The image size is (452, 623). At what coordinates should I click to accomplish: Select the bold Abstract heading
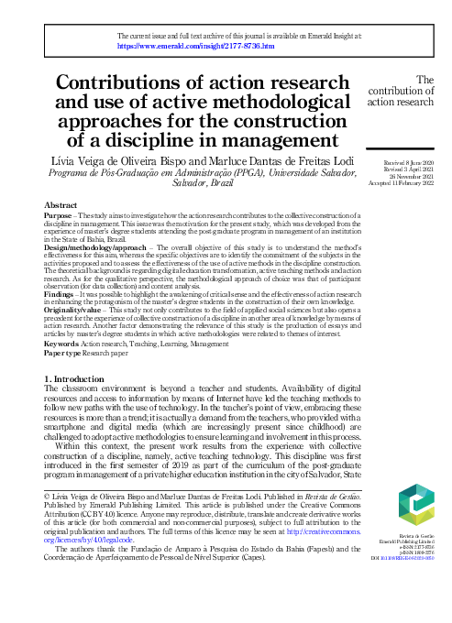point(61,205)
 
